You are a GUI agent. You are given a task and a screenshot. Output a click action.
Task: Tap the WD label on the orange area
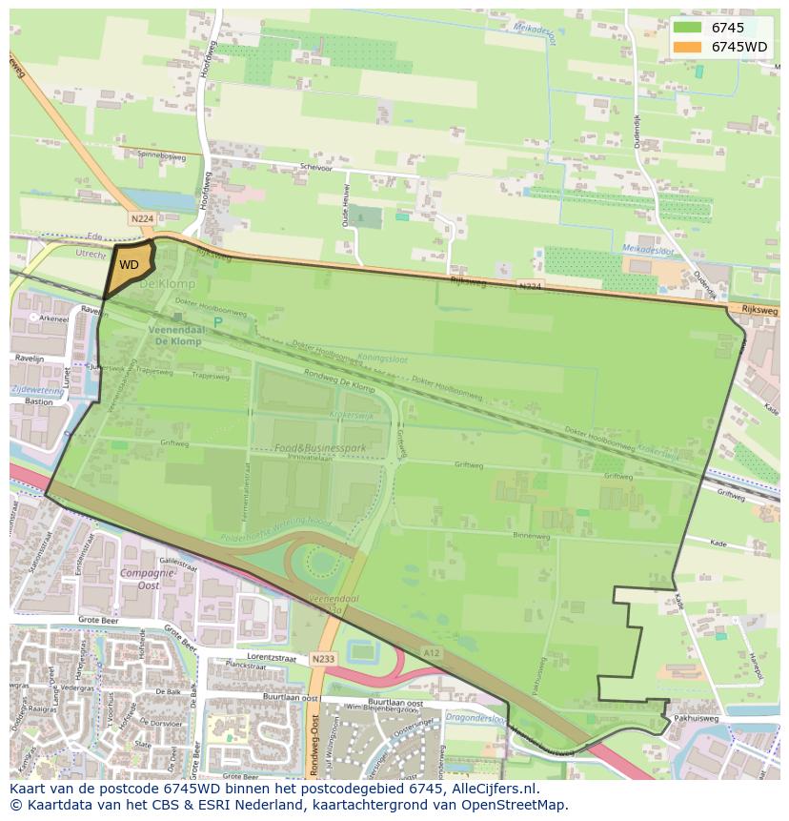pyautogui.click(x=130, y=265)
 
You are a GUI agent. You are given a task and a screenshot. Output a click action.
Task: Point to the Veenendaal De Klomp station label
pyautogui.click(x=174, y=335)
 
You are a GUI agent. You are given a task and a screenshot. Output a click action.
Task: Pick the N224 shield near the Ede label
pyautogui.click(x=142, y=218)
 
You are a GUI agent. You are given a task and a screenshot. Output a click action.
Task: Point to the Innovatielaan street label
pyautogui.click(x=315, y=458)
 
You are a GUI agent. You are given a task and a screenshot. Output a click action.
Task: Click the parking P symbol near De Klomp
pyautogui.click(x=217, y=322)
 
